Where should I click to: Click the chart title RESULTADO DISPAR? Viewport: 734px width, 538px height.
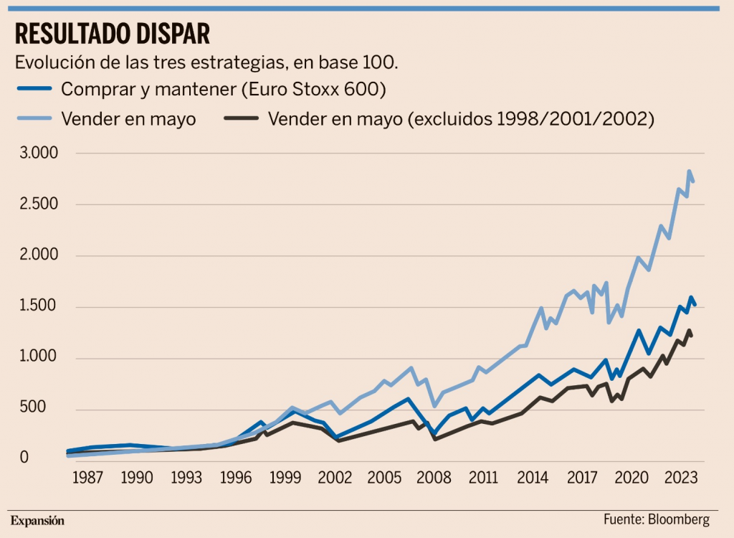click(113, 34)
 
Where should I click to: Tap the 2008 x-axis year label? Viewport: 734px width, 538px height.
click(434, 478)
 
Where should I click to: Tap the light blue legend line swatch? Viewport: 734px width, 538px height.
click(34, 118)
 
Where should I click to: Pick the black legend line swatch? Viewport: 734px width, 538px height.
click(241, 118)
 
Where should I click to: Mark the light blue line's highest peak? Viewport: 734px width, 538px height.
click(689, 171)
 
